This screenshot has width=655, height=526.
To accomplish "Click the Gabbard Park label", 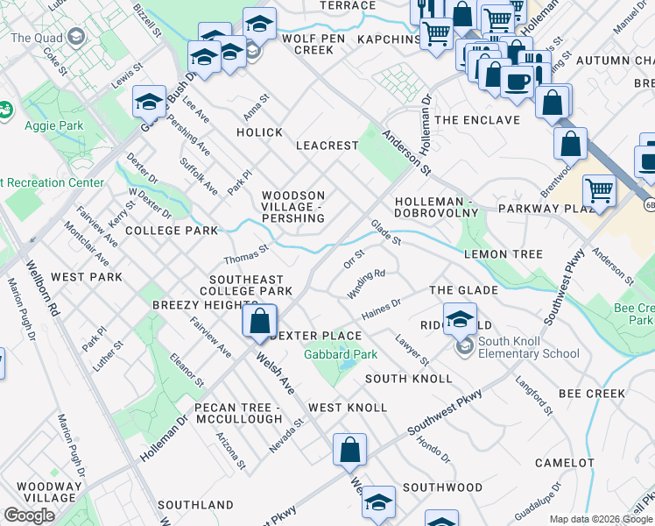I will click(x=340, y=355).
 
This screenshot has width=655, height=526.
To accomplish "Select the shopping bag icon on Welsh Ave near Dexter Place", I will click(x=260, y=321).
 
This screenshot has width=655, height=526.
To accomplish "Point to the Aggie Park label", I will click(x=53, y=125).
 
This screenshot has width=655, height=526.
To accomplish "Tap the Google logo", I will click(x=29, y=515).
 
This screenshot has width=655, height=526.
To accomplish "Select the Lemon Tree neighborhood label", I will click(x=504, y=254).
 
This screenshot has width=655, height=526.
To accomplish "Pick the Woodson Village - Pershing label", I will click(x=293, y=207).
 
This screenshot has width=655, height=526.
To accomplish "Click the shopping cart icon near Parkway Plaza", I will click(x=599, y=189).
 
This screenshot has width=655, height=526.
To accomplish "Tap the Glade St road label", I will click(x=385, y=233).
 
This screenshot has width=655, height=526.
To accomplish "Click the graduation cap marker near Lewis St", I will click(x=149, y=102).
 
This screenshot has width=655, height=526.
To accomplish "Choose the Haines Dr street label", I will click(x=381, y=309).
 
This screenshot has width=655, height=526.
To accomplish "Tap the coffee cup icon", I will click(x=517, y=81).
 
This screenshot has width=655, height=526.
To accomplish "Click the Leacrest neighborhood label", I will click(x=327, y=146).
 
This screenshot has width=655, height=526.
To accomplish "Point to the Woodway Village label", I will click(x=40, y=492).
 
